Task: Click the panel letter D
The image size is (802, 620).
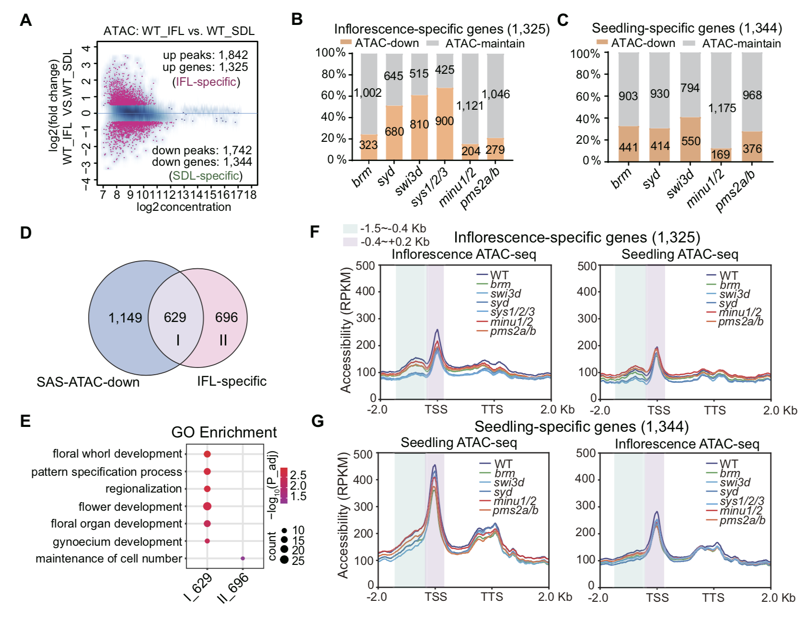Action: click(x=26, y=233)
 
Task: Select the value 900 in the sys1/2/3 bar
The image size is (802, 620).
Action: click(x=444, y=121)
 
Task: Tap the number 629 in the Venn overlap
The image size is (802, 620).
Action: click(x=175, y=317)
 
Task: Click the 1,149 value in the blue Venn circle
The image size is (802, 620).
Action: click(x=125, y=318)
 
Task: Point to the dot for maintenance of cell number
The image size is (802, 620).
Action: click(x=243, y=558)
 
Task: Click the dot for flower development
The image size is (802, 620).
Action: click(x=207, y=506)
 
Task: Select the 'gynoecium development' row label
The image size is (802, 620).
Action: click(x=117, y=541)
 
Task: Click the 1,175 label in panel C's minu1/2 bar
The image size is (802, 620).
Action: click(x=722, y=108)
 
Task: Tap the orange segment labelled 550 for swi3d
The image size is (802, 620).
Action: click(x=690, y=141)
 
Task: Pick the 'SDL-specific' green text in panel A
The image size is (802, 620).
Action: click(x=206, y=176)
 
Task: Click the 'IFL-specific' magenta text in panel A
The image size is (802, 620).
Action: click(x=206, y=82)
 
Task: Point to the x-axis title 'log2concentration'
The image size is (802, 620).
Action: click(x=183, y=207)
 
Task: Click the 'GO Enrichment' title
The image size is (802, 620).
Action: click(x=224, y=432)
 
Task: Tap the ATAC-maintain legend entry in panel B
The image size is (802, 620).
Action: click(x=484, y=44)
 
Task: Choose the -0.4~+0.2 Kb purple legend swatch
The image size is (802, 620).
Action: click(x=350, y=241)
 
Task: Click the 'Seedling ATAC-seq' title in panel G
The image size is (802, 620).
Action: click(x=458, y=442)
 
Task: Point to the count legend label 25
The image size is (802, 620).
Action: click(x=298, y=561)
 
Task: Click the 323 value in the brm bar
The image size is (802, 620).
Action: click(x=368, y=145)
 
